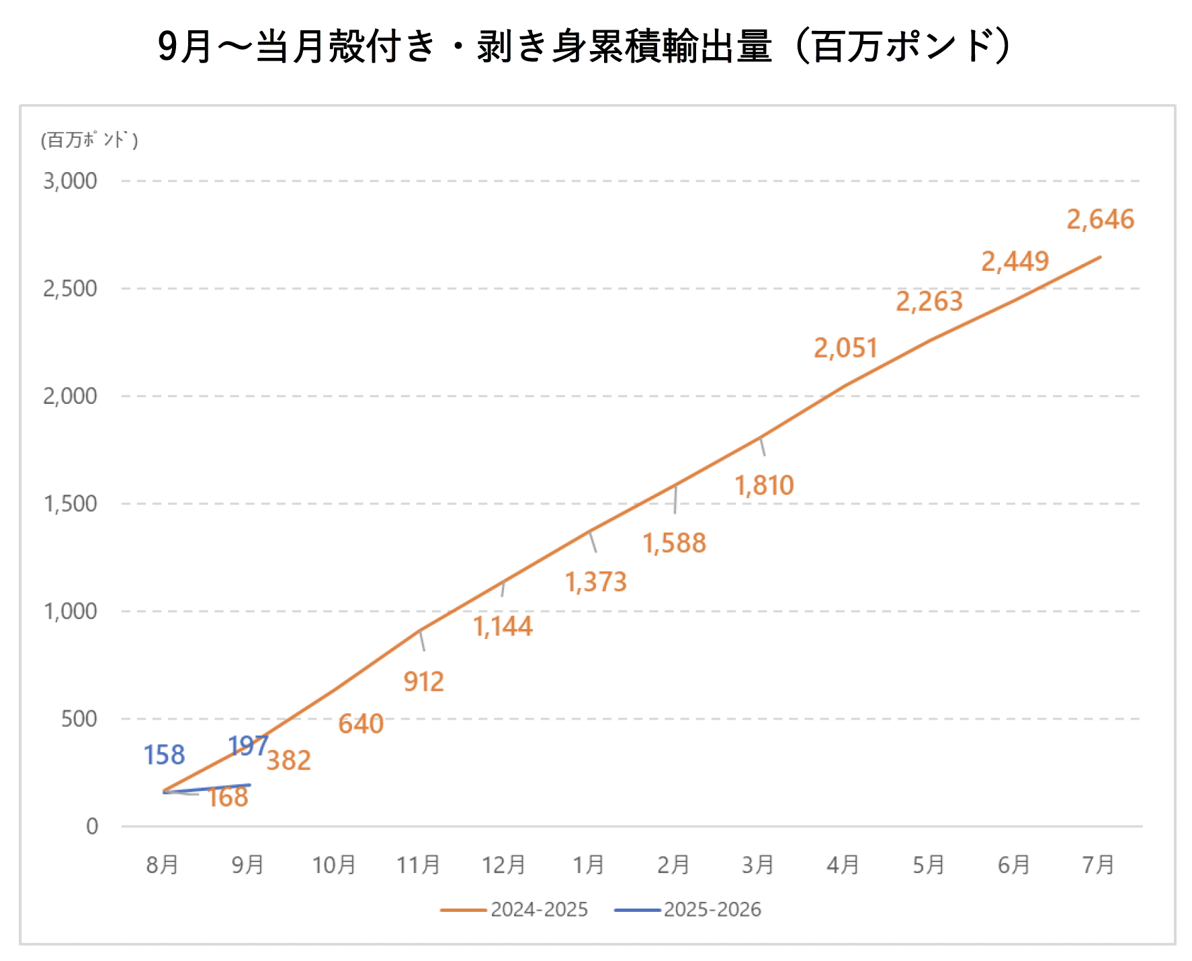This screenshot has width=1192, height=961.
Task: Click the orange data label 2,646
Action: [1100, 220]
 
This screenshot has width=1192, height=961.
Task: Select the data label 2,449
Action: [1015, 261]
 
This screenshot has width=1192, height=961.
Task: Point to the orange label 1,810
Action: [764, 485]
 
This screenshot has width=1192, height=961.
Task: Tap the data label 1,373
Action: [595, 582]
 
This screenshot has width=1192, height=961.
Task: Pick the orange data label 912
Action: [423, 682]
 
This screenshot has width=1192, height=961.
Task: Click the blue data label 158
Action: [164, 755]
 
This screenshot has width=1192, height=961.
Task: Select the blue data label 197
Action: [247, 746]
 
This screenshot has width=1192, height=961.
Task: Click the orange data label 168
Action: [228, 798]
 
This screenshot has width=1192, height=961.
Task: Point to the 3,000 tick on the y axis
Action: [70, 181]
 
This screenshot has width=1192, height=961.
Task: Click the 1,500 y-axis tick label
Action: [70, 504]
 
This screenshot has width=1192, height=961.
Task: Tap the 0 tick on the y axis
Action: [92, 827]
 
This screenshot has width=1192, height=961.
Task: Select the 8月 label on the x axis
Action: [163, 865]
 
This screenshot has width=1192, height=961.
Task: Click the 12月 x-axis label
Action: [503, 865]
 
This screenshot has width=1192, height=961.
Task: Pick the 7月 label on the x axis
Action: [1099, 865]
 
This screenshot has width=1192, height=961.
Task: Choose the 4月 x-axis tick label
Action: [843, 865]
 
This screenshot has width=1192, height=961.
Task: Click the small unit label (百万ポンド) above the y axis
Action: [89, 140]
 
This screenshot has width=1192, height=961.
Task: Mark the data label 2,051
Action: [845, 348]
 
